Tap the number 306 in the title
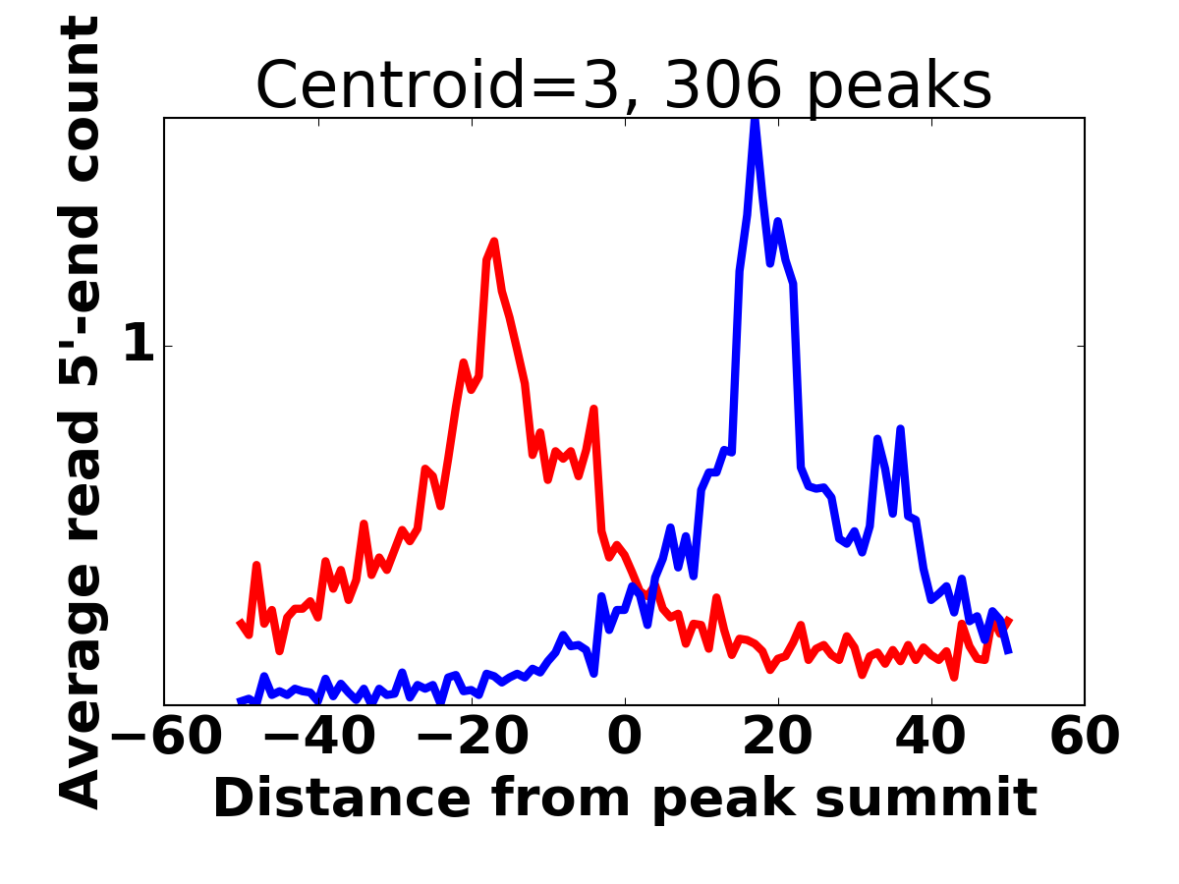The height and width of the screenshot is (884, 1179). (722, 84)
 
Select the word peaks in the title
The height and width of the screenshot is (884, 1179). (899, 88)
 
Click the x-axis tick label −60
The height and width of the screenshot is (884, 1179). (166, 738)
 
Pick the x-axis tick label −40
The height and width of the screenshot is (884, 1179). (319, 738)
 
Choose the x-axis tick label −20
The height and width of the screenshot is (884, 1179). (473, 738)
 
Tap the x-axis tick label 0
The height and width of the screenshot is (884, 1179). (625, 738)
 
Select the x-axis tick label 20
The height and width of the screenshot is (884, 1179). (778, 738)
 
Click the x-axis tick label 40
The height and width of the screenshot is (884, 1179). (930, 738)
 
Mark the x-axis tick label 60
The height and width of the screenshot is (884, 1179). (1084, 738)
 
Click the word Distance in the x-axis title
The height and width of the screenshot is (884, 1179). (343, 799)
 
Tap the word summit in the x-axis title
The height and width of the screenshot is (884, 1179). (926, 799)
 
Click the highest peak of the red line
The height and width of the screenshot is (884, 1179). (493, 242)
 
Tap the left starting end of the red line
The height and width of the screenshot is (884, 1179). (240, 623)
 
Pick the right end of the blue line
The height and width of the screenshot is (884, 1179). (1009, 652)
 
